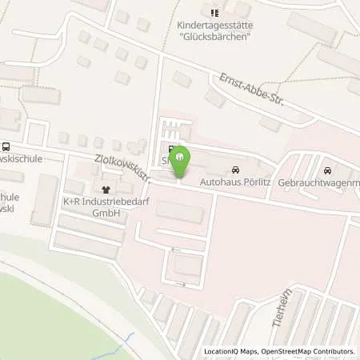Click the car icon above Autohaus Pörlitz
pos(234,170)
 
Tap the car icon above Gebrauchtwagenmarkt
pos(327,170)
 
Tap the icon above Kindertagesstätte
pos(214,13)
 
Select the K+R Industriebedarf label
pos(91,202)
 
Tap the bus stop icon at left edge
pos(6,147)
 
